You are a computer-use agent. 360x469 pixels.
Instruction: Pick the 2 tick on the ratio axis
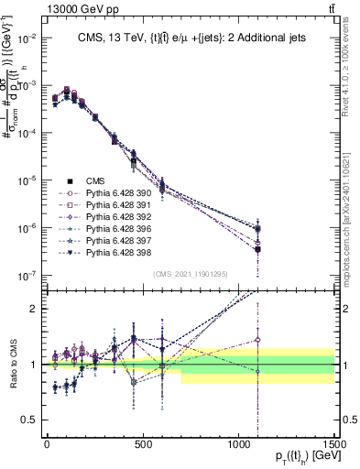(32, 309)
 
